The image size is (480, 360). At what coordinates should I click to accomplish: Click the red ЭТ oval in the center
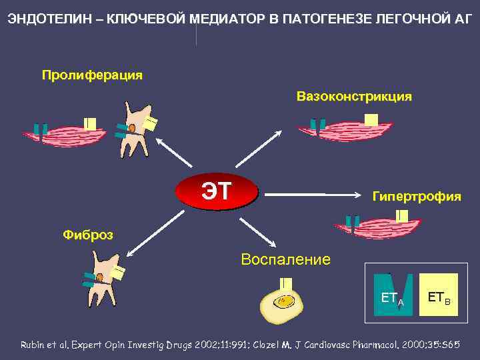(216, 192)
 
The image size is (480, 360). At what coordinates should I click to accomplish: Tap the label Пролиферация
(92, 74)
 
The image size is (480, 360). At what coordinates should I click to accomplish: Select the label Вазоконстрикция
(354, 97)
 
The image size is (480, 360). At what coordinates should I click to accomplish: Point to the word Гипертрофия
(416, 197)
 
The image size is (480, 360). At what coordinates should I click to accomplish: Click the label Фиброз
(87, 234)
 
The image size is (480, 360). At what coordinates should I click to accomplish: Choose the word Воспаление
(285, 259)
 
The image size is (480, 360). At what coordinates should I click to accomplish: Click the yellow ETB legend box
(439, 294)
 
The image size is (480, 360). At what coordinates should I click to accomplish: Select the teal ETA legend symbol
(393, 294)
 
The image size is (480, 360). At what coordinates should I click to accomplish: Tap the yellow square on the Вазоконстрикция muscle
(371, 120)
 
